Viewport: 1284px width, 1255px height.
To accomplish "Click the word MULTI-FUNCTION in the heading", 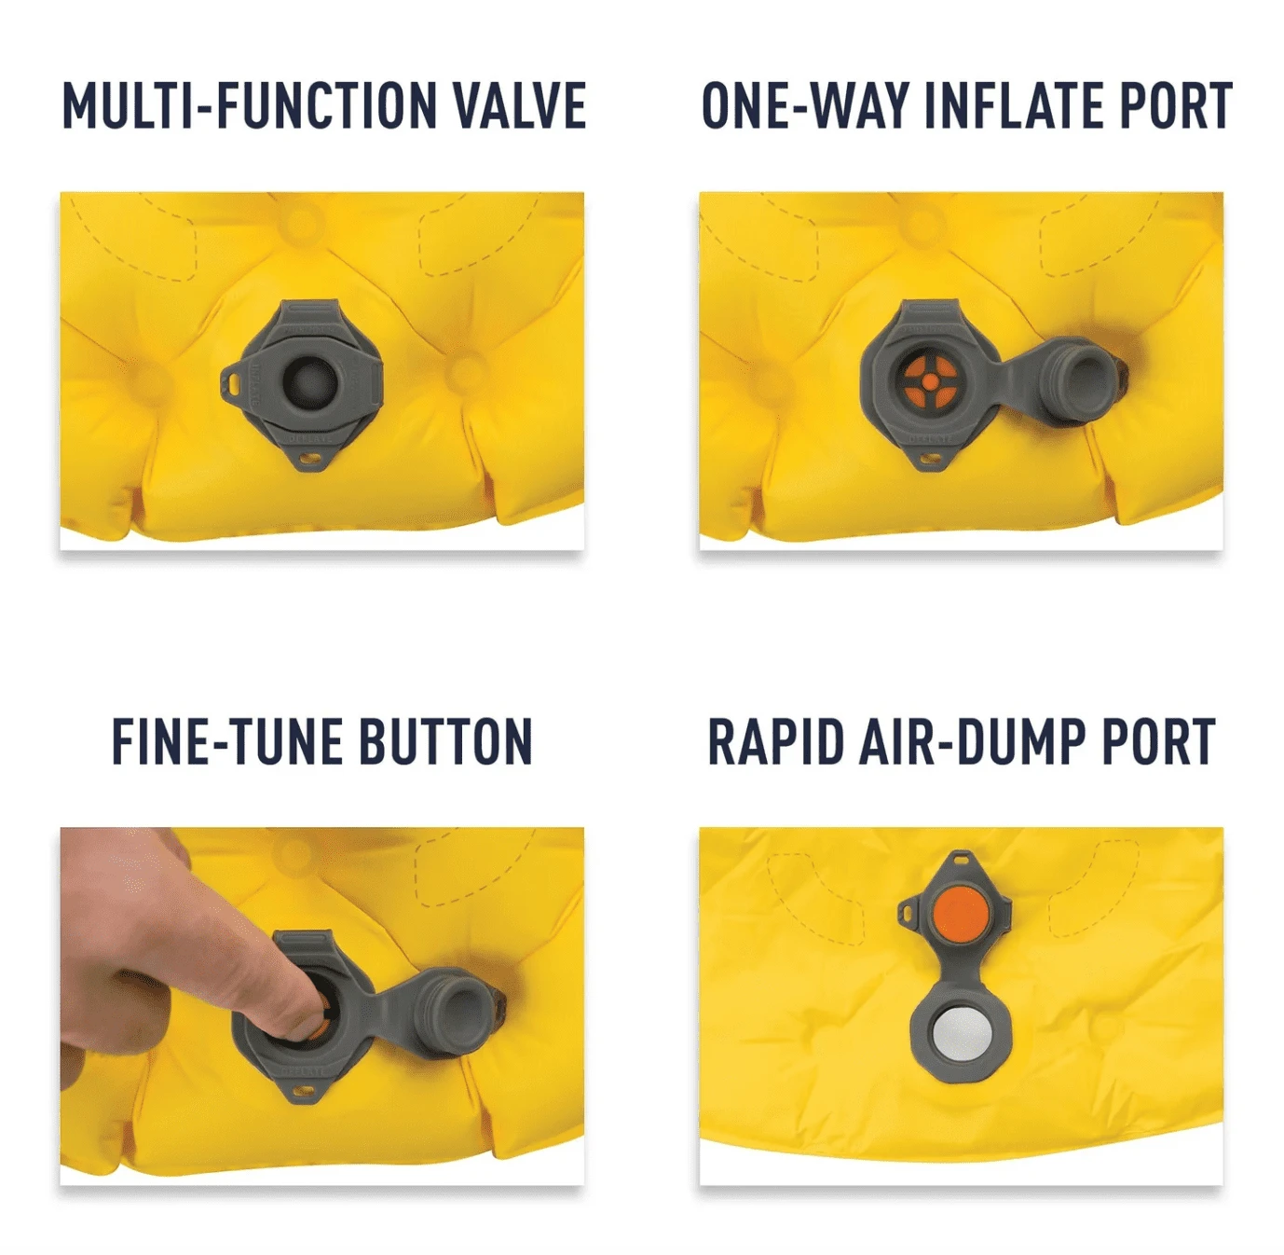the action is click(249, 105).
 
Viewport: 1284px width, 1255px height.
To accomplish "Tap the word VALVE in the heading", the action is click(520, 105).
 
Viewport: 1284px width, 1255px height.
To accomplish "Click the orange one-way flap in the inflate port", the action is click(929, 381).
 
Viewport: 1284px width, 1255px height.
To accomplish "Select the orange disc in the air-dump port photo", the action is click(962, 915).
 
